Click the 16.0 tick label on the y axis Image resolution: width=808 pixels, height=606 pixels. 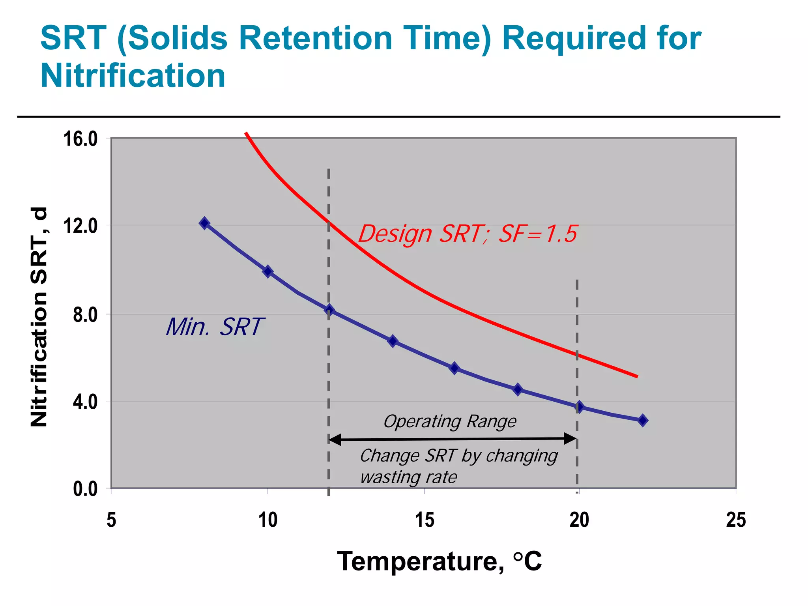pos(80,139)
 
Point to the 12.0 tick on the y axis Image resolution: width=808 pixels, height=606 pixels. pos(80,226)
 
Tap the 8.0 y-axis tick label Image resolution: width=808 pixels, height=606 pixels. pos(85,315)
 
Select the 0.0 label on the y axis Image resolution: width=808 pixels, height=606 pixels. pos(85,489)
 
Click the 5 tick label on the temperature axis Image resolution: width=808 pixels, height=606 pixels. pos(111,520)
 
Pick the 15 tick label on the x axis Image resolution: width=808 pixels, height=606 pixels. pos(425,520)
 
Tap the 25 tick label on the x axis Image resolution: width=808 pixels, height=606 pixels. pos(736,520)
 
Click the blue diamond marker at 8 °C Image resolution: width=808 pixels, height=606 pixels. pos(204,223)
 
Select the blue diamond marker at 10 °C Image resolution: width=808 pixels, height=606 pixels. pos(268,271)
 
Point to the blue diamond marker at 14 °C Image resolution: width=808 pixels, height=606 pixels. pos(393,341)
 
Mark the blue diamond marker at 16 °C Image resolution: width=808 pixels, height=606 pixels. pos(454,368)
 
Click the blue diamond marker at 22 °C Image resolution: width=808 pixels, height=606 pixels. pos(643,421)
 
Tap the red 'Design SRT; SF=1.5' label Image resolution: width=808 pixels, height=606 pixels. pos(468,234)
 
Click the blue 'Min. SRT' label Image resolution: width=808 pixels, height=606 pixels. pos(214,327)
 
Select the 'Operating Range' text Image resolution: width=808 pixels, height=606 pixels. pos(450,421)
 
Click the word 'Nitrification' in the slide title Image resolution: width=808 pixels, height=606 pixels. pos(133,75)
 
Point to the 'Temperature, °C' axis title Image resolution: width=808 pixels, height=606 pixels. pos(439,561)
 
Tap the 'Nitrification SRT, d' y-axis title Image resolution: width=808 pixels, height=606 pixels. pos(39,317)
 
